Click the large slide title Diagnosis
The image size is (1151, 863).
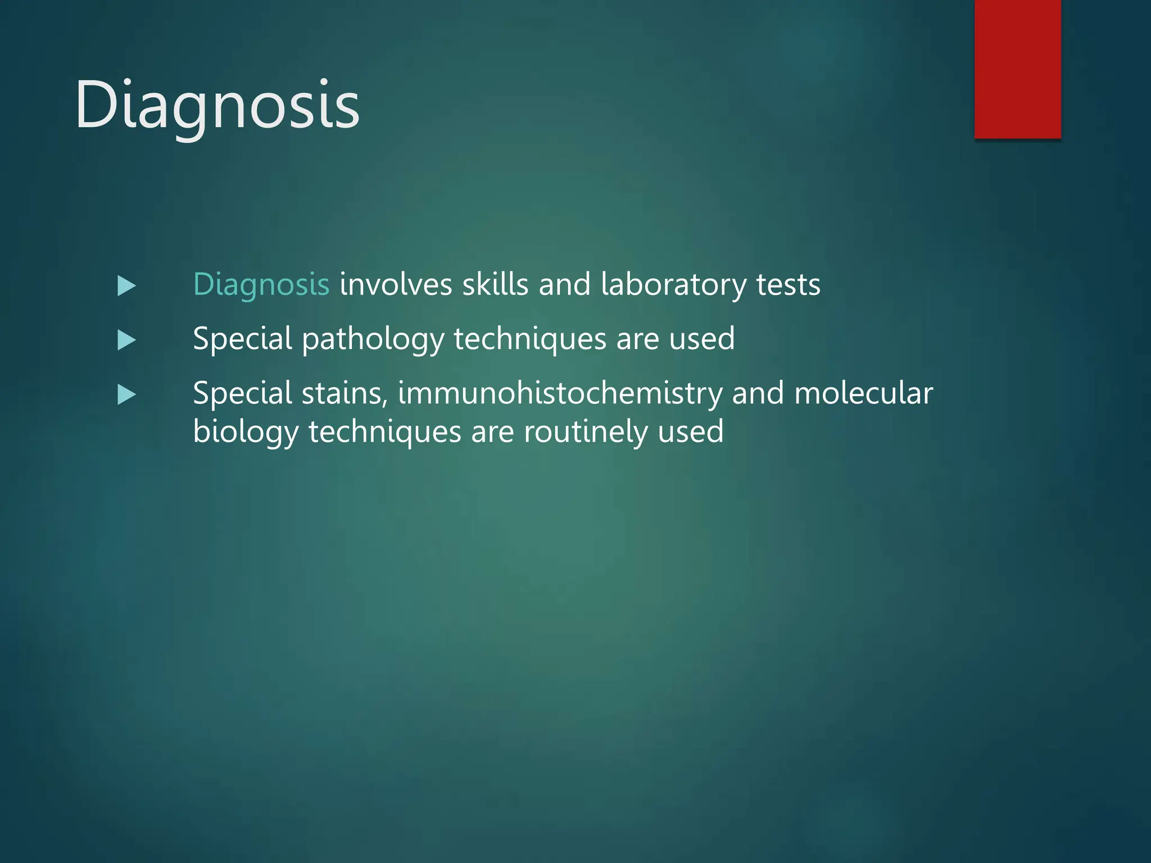pos(217,105)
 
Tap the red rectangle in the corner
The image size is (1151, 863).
pos(1017,69)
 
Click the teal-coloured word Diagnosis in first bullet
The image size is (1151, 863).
pos(261,284)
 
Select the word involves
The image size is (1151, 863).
pos(396,284)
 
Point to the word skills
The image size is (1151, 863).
pos(495,284)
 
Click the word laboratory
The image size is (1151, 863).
pos(673,284)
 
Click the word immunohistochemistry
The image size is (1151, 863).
pos(560,393)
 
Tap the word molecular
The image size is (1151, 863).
pos(863,393)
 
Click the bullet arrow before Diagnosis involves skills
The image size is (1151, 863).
pos(126,286)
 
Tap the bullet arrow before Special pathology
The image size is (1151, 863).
pos(126,340)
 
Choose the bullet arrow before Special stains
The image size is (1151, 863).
pos(126,395)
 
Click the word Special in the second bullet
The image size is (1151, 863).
pos(242,339)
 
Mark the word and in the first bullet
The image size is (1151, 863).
pos(564,284)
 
